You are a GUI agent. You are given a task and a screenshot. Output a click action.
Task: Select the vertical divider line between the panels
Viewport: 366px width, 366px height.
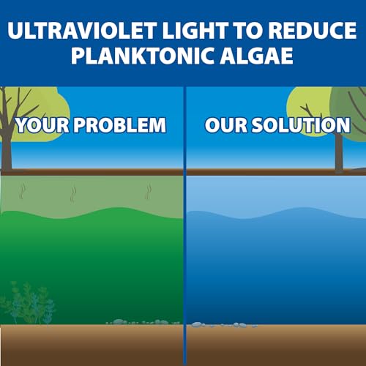click(x=184, y=220)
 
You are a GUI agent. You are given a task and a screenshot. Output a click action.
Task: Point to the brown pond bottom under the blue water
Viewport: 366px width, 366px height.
click(x=274, y=344)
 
